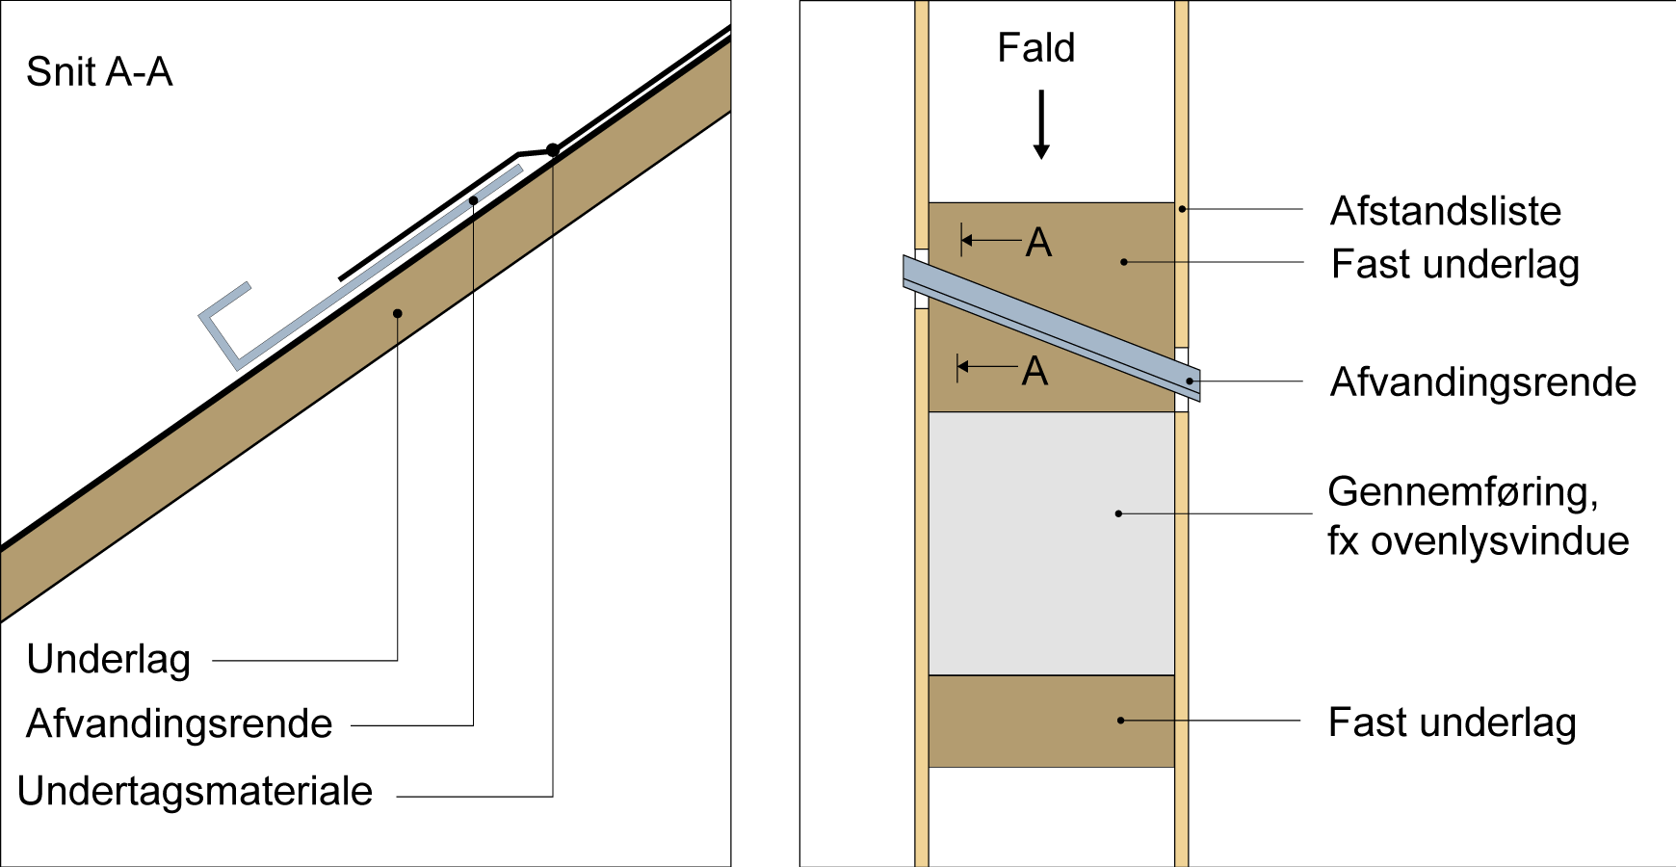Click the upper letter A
pyautogui.click(x=1038, y=243)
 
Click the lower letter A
pyautogui.click(x=1034, y=372)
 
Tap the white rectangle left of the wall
pyautogui.click(x=853, y=267)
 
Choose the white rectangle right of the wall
pyautogui.click(x=1248, y=407)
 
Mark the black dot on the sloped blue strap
pyautogui.click(x=473, y=200)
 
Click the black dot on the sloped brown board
pyautogui.click(x=397, y=313)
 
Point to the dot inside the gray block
pyautogui.click(x=1118, y=513)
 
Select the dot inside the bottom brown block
pyautogui.click(x=1120, y=720)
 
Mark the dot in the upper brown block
pyautogui.click(x=1123, y=261)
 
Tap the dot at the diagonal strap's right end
pyautogui.click(x=1190, y=381)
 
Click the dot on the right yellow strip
pyautogui.click(x=1182, y=208)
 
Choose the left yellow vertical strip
pyautogui.click(x=922, y=578)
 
